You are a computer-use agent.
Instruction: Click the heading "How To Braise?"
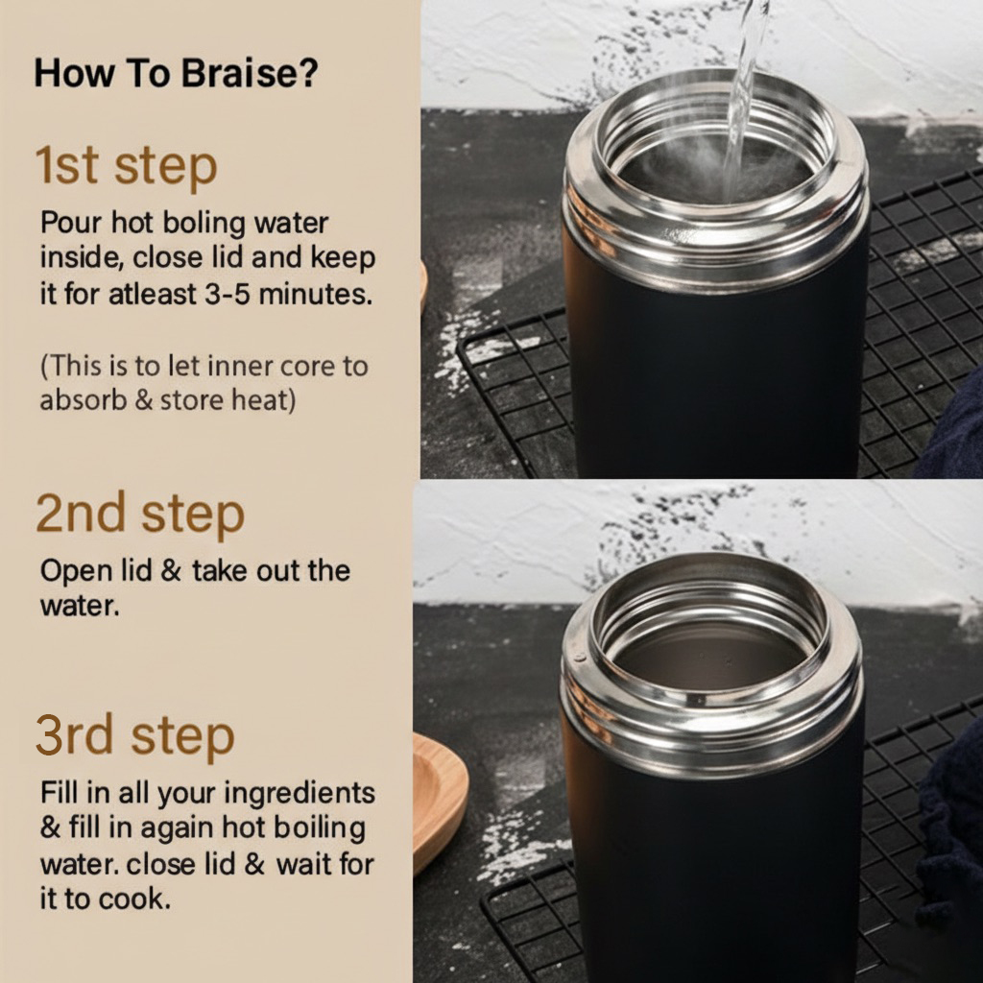177,73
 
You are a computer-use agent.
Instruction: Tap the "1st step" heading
126,165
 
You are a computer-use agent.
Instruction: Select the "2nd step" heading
140,514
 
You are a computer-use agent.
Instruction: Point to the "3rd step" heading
134,735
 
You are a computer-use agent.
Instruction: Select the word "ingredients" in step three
300,794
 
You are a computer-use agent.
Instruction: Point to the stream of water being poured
744,94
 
